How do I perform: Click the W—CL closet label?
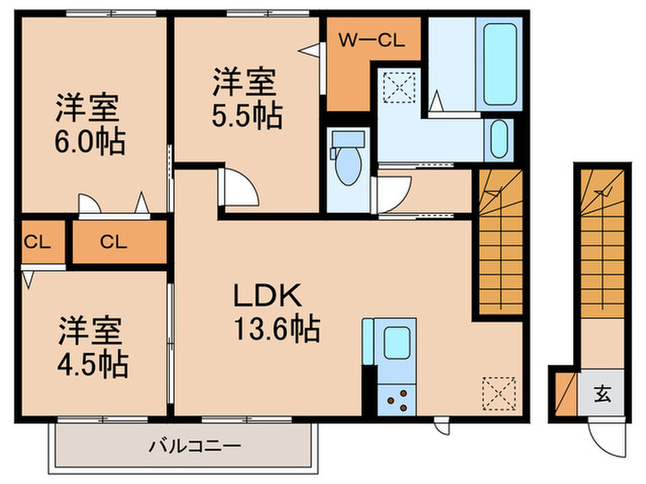(x=371, y=41)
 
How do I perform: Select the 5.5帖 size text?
(x=246, y=115)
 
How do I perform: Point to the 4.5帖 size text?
(x=92, y=364)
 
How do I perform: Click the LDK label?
(x=268, y=295)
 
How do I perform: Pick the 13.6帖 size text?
(x=277, y=328)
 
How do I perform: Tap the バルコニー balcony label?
(x=195, y=446)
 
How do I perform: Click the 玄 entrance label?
(x=603, y=393)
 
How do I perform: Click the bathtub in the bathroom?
(x=500, y=65)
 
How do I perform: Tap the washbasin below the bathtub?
(x=499, y=139)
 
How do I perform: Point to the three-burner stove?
(x=397, y=399)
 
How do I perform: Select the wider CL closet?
(x=119, y=242)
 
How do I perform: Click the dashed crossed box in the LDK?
(x=499, y=394)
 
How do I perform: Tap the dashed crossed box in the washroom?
(x=399, y=88)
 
